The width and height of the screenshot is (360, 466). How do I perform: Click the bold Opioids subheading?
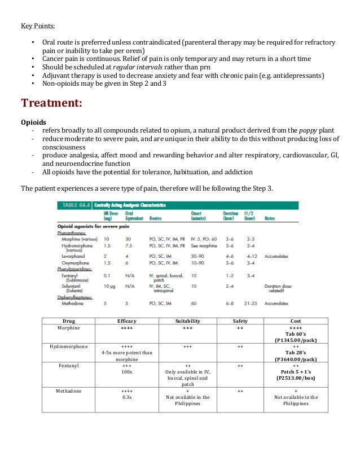(33, 121)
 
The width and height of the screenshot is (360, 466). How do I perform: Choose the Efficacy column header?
(127, 320)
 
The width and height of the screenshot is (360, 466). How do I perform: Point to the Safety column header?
(240, 320)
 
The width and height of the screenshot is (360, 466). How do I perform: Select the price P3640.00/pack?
(296, 359)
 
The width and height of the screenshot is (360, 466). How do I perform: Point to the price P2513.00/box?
(296, 379)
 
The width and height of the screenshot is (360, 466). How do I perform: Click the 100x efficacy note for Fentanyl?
(127, 372)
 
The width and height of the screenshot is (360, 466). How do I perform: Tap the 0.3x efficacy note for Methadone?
(127, 397)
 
